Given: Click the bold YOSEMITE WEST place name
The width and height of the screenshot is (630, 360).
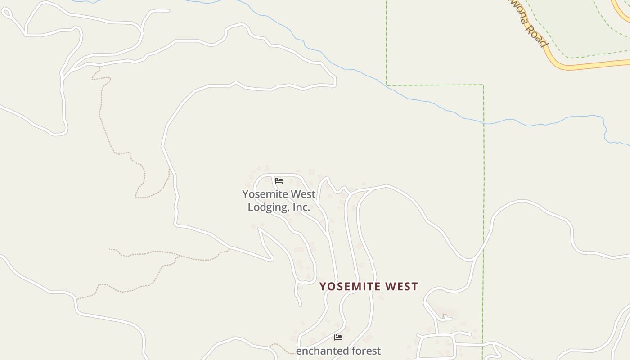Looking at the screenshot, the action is point(369,287).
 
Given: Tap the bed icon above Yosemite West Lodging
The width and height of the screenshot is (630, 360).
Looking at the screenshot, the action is point(279,181).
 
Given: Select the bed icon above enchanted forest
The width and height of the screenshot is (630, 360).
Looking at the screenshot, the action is point(338,337).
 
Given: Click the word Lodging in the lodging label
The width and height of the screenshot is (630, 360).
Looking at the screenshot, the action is point(268,207).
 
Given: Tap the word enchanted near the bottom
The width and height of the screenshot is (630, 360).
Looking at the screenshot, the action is point(318,351).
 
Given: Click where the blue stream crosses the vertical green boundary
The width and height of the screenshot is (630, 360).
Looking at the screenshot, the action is point(484,123).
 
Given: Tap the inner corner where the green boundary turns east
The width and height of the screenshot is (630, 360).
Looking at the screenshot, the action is point(387,85).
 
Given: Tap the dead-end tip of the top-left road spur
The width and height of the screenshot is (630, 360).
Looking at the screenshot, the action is point(169,10).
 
